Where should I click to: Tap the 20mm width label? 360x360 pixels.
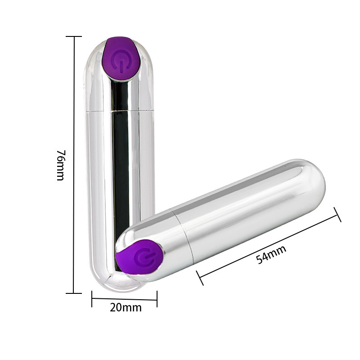(126, 308)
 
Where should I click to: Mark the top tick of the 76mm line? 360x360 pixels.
(74, 36)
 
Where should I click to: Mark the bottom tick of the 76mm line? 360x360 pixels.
(74, 293)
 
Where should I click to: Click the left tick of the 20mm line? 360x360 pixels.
(92, 298)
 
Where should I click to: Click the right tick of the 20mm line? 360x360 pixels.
(157, 298)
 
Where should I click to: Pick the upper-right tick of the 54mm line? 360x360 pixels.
(338, 215)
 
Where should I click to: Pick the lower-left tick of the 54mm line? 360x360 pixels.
(200, 278)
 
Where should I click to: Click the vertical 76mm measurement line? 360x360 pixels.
(74, 112)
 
